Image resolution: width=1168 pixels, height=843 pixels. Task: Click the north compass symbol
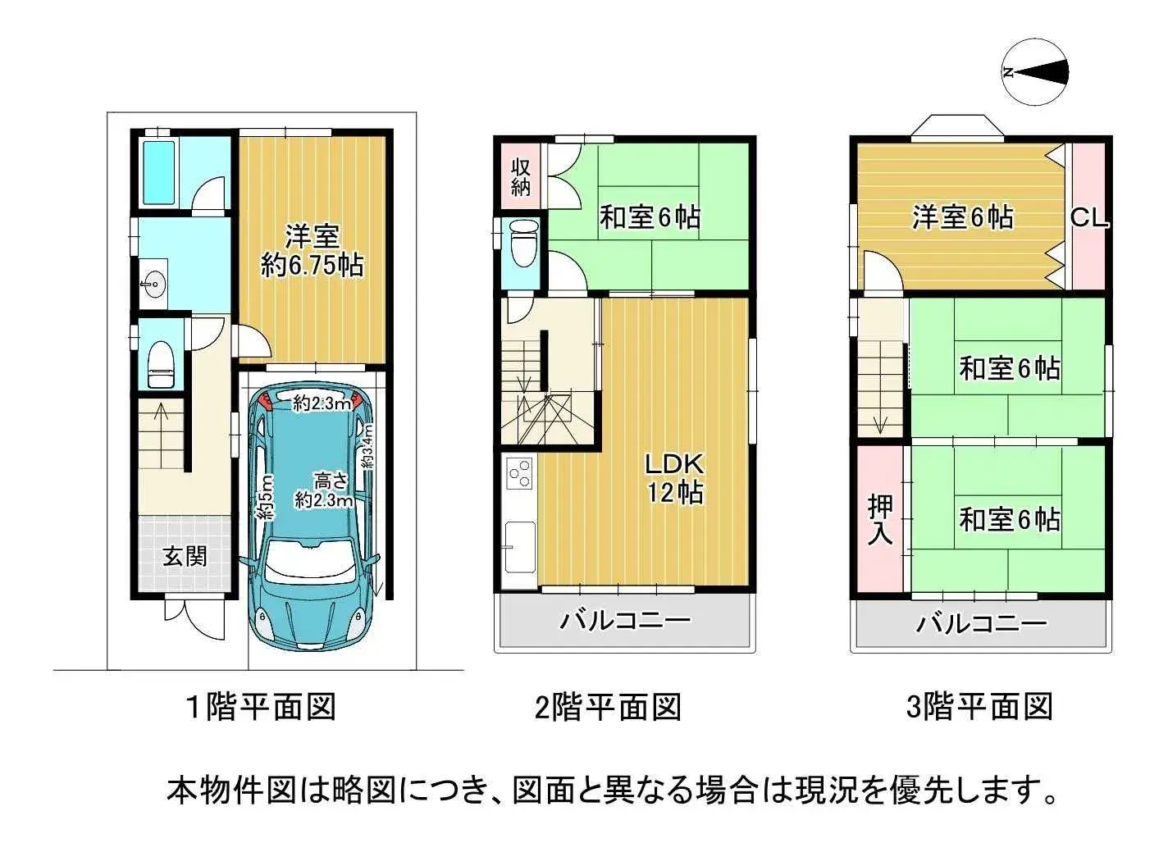click(x=1036, y=73)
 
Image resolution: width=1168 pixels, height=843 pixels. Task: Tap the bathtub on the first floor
click(x=158, y=173)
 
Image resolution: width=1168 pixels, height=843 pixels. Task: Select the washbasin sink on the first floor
click(x=152, y=285)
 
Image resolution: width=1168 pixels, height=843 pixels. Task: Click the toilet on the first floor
click(x=160, y=366)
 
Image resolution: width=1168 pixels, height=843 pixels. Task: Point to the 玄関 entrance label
click(x=185, y=557)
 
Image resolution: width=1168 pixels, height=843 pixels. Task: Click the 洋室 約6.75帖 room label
click(x=312, y=251)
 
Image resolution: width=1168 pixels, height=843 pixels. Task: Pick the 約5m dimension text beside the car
click(x=265, y=498)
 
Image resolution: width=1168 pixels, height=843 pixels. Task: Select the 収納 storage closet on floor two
click(x=521, y=176)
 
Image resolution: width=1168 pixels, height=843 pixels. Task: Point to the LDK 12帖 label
click(x=673, y=478)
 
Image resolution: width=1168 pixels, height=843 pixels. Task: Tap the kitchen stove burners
click(x=520, y=473)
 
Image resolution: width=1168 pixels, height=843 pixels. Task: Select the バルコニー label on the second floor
click(x=625, y=620)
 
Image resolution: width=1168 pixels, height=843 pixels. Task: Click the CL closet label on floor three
click(x=1089, y=219)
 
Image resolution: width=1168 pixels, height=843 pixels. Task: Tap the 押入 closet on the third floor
click(x=880, y=520)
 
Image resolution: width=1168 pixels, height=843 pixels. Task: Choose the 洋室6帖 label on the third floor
click(x=963, y=217)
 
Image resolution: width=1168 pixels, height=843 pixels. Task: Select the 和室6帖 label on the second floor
click(x=650, y=218)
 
